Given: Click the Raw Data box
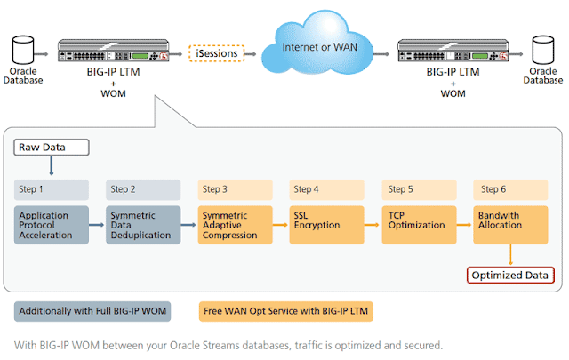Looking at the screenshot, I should [52, 147].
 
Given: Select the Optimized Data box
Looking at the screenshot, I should [510, 276].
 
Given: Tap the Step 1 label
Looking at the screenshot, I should [52, 189].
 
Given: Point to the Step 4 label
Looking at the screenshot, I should [326, 189].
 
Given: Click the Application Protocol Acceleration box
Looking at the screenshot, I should [52, 225].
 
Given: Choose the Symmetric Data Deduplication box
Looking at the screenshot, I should [142, 225].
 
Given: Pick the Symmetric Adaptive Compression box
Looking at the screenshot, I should [235, 225].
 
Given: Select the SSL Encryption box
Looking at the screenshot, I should [326, 225].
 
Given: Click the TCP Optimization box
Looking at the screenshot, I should [419, 225].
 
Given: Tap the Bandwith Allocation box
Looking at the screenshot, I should [510, 225].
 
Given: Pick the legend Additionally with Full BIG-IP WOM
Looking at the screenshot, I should [92, 311].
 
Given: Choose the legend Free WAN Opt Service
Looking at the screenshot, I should [284, 311].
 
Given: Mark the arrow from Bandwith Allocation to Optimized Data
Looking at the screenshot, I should [510, 256].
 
